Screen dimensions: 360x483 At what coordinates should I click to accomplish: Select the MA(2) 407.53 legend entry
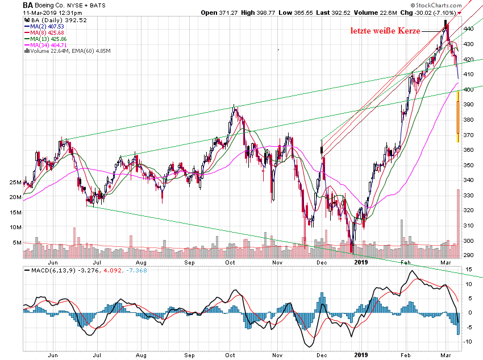[48, 26]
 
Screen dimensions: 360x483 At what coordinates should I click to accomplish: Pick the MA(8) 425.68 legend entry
[48, 32]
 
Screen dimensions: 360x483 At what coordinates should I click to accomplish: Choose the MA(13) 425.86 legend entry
[49, 39]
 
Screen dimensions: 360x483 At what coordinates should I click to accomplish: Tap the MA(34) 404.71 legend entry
[49, 45]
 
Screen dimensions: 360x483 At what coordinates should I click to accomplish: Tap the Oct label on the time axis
[231, 262]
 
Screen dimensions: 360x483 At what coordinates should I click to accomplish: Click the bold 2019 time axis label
[361, 262]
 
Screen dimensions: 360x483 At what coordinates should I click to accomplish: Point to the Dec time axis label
[321, 262]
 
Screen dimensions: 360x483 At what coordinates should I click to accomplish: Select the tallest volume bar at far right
[458, 222]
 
